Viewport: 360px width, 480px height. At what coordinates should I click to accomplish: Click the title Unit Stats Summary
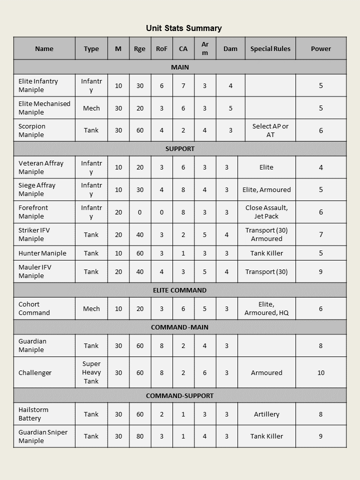[183, 28]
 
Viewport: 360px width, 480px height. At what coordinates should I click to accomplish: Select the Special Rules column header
[270, 48]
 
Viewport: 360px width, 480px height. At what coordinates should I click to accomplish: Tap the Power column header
[320, 48]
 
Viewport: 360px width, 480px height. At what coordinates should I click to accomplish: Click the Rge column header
[139, 48]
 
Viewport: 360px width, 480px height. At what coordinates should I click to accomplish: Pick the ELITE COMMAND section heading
[179, 290]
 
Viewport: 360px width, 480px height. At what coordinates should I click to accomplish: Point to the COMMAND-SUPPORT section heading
[179, 395]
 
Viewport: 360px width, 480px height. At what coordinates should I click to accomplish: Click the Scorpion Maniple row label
[32, 130]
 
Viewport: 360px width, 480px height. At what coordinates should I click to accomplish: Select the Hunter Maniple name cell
[42, 253]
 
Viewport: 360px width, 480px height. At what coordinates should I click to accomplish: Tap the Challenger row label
[34, 372]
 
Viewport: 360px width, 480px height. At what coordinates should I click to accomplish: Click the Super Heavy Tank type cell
[91, 372]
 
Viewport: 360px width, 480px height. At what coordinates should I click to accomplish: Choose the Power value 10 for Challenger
[320, 372]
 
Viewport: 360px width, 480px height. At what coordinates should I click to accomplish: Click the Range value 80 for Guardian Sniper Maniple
[139, 436]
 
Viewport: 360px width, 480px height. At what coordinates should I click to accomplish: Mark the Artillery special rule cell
[266, 414]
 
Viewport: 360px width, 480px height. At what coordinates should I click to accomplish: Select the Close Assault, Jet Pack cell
[266, 212]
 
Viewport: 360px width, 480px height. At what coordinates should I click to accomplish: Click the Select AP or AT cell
[270, 130]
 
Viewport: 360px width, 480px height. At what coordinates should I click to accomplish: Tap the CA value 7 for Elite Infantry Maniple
[183, 85]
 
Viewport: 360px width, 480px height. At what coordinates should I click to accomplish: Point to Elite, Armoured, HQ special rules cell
[266, 308]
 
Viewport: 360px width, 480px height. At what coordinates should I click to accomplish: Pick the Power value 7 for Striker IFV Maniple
[320, 234]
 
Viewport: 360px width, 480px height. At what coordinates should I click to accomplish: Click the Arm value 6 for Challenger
[204, 372]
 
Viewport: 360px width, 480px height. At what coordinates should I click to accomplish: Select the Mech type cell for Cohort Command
[91, 308]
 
